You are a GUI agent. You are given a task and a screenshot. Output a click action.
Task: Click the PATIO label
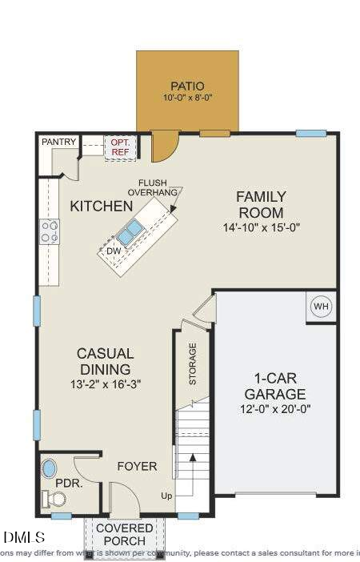pos(187,86)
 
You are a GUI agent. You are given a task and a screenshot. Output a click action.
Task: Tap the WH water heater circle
pos(321,307)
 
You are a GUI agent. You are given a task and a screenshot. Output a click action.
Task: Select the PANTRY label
pos(58,143)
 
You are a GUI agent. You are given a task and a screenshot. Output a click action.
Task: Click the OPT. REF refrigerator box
pos(120,147)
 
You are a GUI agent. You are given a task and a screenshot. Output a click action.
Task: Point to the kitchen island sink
pos(130,232)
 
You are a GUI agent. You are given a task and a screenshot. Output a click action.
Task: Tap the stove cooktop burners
pos(50,232)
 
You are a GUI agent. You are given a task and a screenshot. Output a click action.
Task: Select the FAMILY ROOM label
pos(260,205)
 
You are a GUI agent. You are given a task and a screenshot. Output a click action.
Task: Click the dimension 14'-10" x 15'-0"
pos(260,227)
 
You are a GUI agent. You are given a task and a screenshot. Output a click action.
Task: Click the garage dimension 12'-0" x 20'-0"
pos(274,408)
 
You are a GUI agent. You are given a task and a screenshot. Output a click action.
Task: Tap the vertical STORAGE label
pos(193,364)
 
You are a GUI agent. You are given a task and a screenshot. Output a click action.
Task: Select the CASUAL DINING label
pos(105,361)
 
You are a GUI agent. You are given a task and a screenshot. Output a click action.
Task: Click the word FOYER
pos(137,466)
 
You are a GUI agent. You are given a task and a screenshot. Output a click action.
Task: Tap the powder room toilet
pos(56,499)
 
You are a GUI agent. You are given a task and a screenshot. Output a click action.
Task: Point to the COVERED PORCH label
pos(125,535)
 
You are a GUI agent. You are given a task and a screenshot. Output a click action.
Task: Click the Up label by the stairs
pos(166,496)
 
